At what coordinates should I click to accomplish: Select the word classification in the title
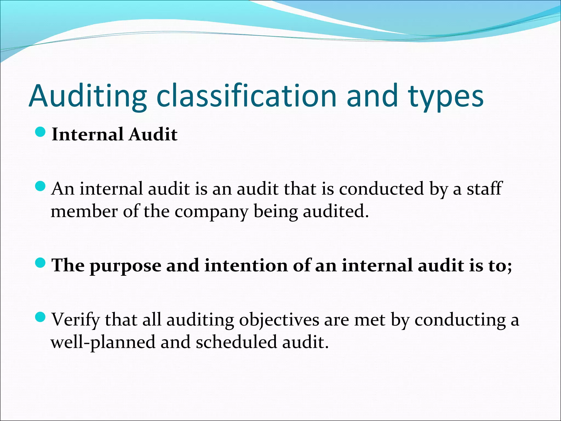tap(246, 96)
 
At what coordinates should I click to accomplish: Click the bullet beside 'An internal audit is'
tap(40, 187)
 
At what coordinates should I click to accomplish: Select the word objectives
tap(279, 320)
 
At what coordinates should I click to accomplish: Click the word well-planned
tap(103, 343)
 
